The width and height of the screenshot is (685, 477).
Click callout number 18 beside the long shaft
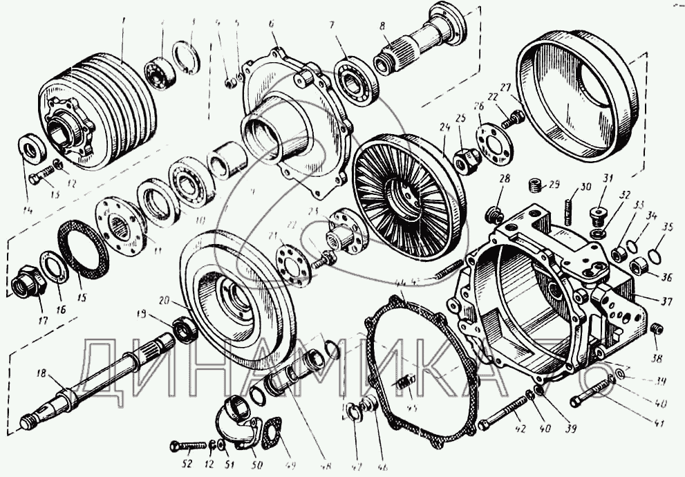(41, 374)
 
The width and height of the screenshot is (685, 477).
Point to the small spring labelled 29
(534, 185)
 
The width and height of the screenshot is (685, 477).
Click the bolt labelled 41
(588, 400)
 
